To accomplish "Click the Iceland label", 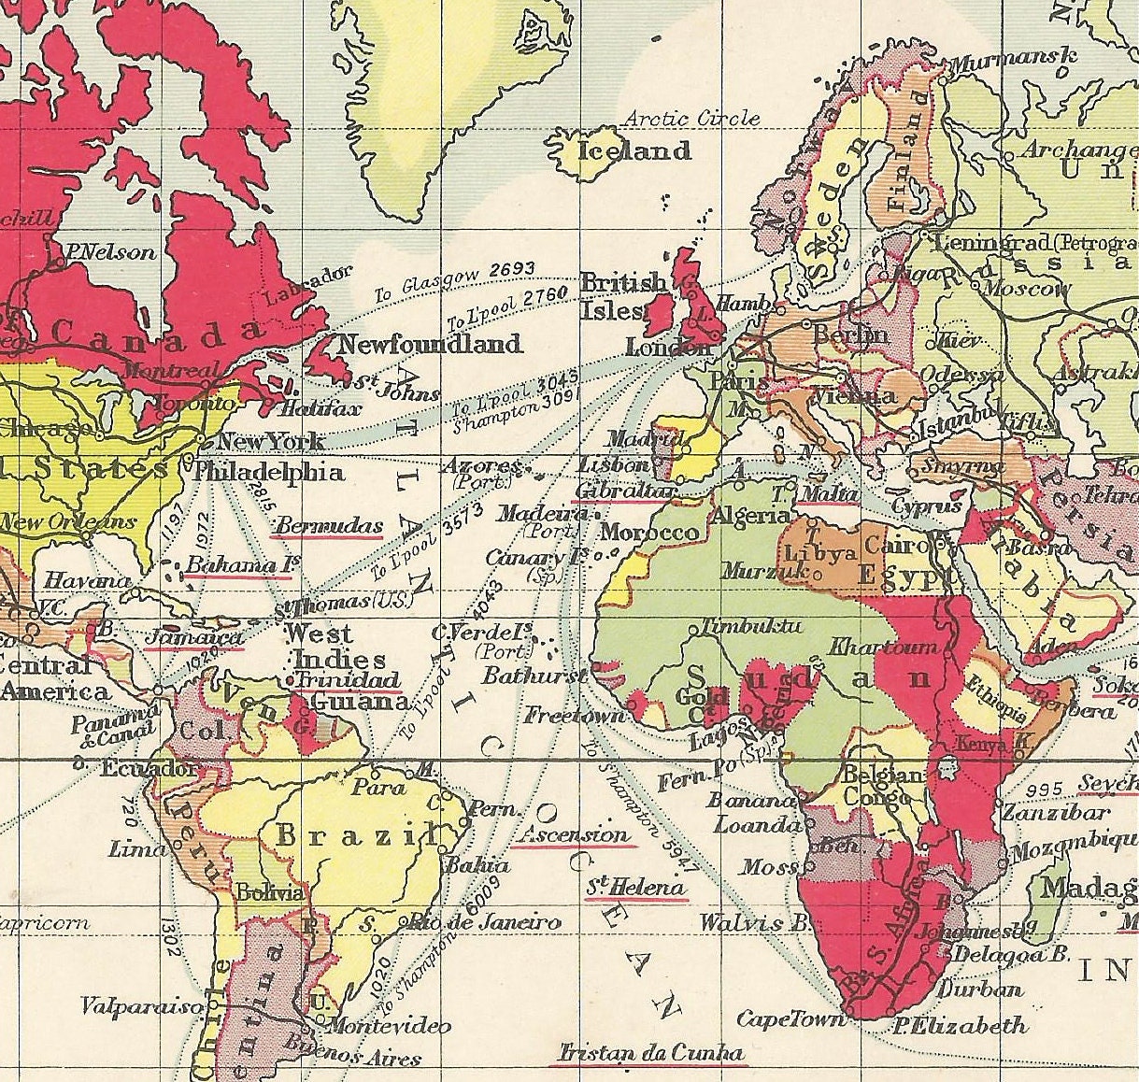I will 635,150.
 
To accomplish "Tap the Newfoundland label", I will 430,344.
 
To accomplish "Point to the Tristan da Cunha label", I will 650,1053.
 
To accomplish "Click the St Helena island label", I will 636,887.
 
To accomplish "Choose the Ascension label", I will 576,834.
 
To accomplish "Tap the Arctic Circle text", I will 691,119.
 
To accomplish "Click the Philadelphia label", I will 269,472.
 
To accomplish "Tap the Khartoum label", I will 883,647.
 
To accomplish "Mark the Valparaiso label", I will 141,1007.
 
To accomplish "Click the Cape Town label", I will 791,1018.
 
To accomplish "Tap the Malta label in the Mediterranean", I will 830,493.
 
